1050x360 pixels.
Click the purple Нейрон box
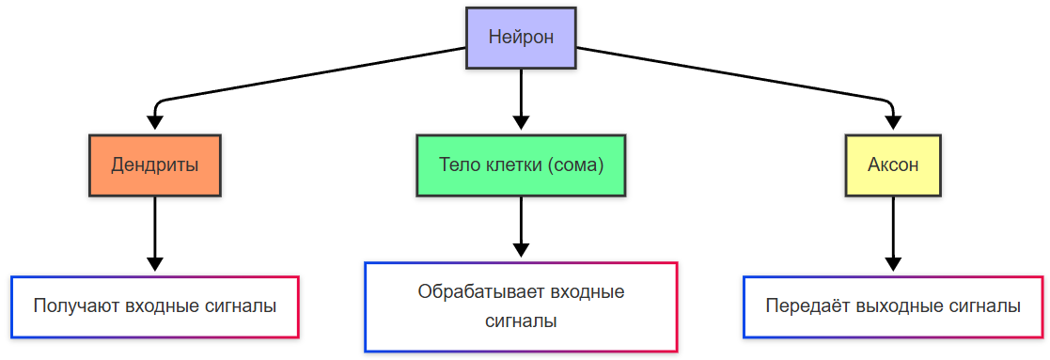tap(521, 38)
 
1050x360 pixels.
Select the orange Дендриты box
tap(155, 165)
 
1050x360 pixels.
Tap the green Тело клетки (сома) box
tap(521, 165)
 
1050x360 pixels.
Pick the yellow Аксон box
tap(893, 165)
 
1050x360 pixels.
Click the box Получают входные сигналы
tap(155, 306)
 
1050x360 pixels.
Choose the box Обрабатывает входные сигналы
tap(521, 306)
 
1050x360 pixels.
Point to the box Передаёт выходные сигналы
tap(893, 306)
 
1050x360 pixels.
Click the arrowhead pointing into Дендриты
tap(156, 123)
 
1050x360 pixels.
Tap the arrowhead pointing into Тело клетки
tap(521, 123)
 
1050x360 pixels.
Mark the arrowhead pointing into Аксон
tap(893, 123)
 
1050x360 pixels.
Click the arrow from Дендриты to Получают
tap(156, 230)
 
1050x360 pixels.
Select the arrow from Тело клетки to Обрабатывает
tap(521, 226)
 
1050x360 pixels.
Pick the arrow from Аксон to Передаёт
tap(893, 230)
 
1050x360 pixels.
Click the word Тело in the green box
tap(457, 165)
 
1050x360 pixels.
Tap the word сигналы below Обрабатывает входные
tap(521, 321)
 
